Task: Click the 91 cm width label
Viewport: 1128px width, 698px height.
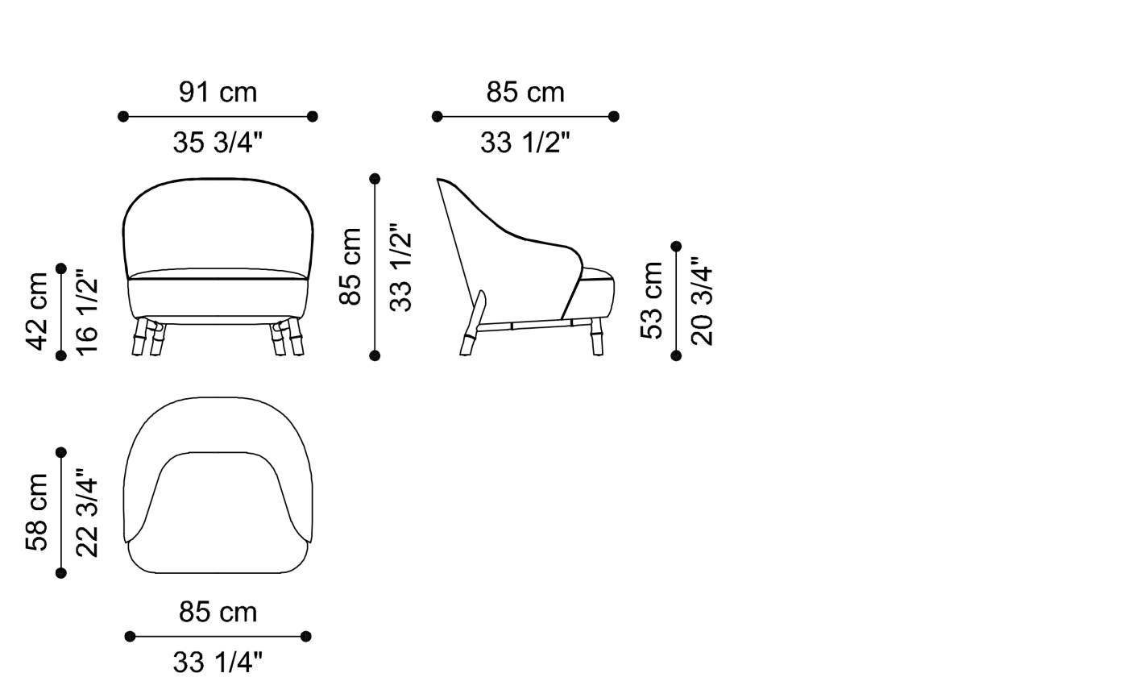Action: pyautogui.click(x=218, y=92)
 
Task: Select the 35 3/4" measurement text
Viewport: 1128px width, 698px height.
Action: pyautogui.click(x=218, y=143)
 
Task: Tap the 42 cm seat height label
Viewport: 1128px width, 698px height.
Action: pyautogui.click(x=38, y=310)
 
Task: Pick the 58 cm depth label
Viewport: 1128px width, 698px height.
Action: pyautogui.click(x=38, y=512)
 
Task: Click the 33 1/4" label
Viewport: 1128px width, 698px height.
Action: pyautogui.click(x=218, y=663)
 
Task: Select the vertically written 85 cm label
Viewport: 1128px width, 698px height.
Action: pyautogui.click(x=350, y=266)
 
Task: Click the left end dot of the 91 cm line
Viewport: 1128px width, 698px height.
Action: pyautogui.click(x=123, y=117)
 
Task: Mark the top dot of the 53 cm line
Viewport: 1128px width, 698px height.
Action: pyautogui.click(x=676, y=247)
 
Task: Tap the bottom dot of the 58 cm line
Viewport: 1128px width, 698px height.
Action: pyautogui.click(x=61, y=573)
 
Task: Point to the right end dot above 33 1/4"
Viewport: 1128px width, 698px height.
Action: pyautogui.click(x=305, y=637)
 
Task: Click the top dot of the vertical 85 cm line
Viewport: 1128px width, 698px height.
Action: pyautogui.click(x=375, y=178)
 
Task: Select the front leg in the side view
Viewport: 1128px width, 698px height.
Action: pyautogui.click(x=597, y=339)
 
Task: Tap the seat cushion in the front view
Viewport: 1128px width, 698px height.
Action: pyautogui.click(x=218, y=294)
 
